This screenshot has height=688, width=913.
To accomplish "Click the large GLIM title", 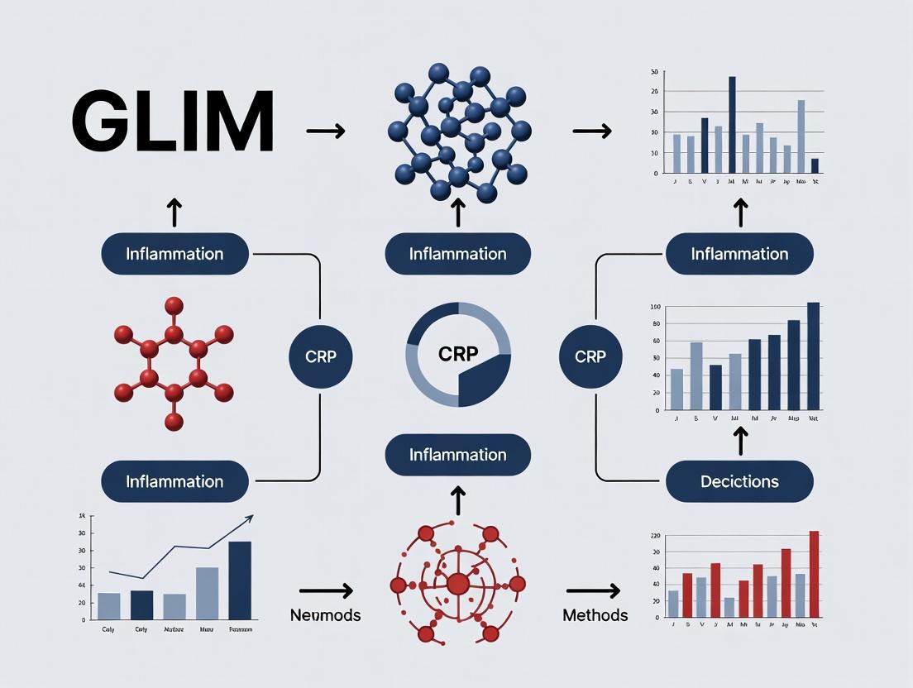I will (x=173, y=122).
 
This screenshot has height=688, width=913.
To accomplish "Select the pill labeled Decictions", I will (x=739, y=481).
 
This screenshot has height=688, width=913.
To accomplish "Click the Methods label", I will (x=595, y=615).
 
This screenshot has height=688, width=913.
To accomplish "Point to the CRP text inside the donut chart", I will (x=457, y=353).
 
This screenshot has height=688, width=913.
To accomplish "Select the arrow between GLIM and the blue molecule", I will (x=325, y=131).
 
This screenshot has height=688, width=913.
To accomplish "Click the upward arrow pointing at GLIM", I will (x=174, y=212).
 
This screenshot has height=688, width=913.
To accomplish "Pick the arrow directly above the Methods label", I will (x=593, y=590).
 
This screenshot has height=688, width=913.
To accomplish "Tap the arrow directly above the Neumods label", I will (x=326, y=590).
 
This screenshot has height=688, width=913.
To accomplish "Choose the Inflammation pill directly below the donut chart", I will (x=457, y=455).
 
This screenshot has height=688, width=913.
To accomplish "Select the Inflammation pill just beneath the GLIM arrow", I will (x=174, y=253).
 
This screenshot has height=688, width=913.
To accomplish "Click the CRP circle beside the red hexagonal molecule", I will (x=321, y=357).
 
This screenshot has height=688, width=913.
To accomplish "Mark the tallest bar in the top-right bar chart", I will (x=732, y=125).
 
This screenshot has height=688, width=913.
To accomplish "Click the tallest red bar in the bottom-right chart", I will (x=814, y=574).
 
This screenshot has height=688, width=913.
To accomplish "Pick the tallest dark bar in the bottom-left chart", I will (x=239, y=580).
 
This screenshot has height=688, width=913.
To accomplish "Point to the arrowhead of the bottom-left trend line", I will (x=250, y=518).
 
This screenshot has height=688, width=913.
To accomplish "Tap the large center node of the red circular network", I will (x=457, y=584).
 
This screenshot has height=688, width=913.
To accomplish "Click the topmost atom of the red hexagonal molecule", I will (x=174, y=305).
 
